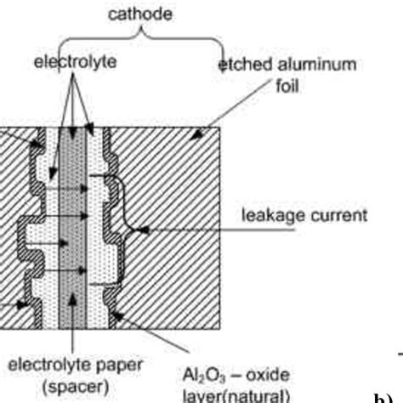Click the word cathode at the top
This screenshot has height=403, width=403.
(x=141, y=14)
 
